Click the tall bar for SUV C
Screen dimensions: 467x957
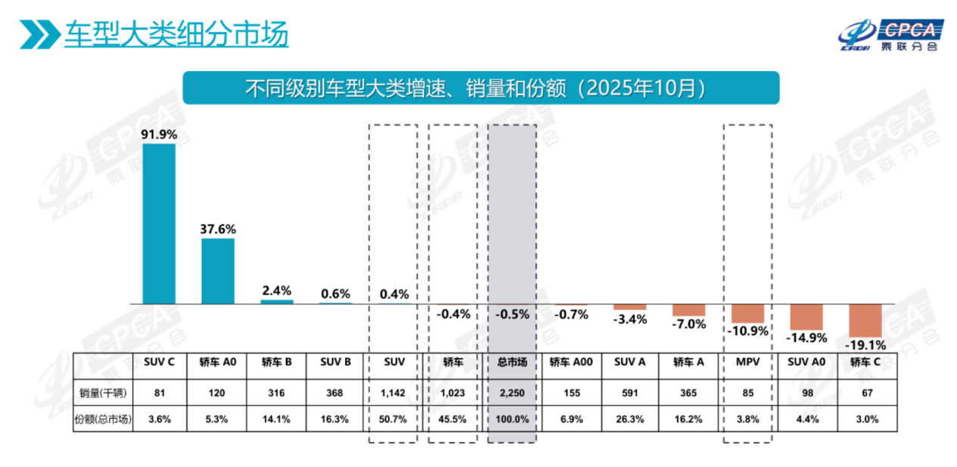coord(159,223)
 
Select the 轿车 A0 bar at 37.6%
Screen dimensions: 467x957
coord(217,271)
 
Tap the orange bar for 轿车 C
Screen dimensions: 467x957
coord(865,320)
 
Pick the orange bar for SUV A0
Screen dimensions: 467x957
coord(806,315)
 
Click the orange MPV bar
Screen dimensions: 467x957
coord(747,313)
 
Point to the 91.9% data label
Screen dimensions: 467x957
coord(159,135)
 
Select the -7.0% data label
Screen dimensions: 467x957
coord(689,324)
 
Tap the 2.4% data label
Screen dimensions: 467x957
coord(276,291)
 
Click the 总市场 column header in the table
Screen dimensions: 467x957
coord(512,362)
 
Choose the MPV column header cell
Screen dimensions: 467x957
coord(747,362)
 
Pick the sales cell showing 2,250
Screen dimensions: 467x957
coord(512,392)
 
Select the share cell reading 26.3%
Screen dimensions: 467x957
coord(630,419)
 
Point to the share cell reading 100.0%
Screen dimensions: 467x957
coord(512,419)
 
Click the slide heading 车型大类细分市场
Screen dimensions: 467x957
coord(176,35)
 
